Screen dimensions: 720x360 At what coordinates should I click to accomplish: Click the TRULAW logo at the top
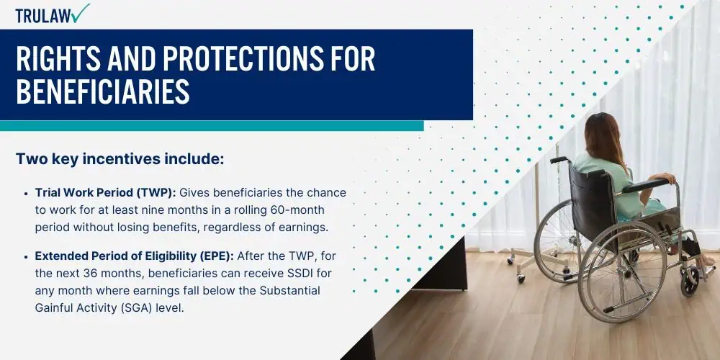tap(53, 14)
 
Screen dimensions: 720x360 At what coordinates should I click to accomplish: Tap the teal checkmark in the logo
tap(81, 13)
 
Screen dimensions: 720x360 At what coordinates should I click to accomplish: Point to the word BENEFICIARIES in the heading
tap(103, 91)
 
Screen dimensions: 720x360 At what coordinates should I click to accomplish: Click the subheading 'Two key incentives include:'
tap(120, 159)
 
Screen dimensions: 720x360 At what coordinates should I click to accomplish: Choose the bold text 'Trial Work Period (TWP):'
tap(106, 193)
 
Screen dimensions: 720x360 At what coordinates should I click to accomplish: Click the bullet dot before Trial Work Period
tap(26, 194)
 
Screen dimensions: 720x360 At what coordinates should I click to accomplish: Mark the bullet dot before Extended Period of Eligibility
tap(26, 257)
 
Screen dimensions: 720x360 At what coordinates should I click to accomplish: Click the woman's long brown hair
tap(605, 138)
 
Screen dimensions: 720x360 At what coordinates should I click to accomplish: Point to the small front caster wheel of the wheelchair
tap(689, 281)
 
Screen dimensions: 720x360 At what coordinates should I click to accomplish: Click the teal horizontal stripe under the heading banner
tap(212, 126)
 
